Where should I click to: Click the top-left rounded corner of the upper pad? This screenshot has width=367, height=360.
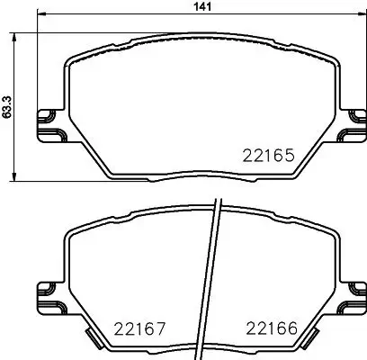72,60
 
